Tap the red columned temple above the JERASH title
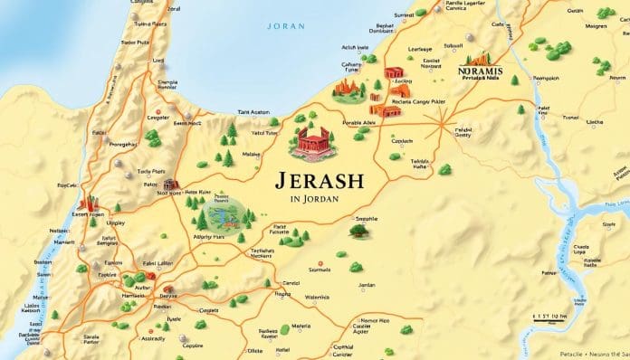(310, 140)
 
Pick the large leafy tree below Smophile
(358, 232)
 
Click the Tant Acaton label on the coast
(253, 112)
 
